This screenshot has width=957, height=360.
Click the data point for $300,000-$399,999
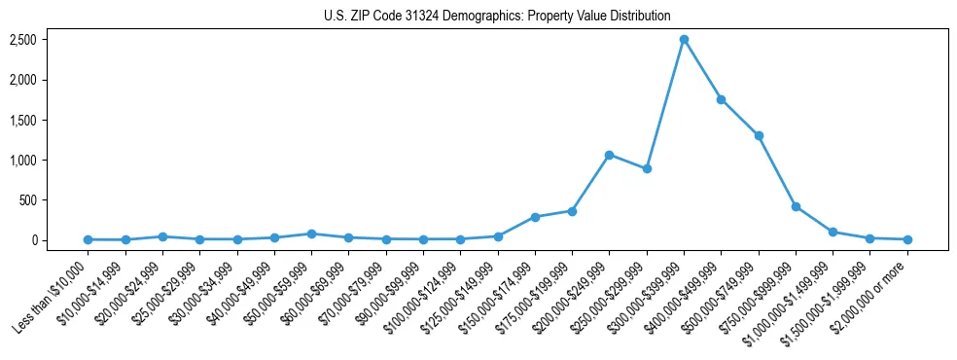[684, 40]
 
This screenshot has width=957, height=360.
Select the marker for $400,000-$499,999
[721, 99]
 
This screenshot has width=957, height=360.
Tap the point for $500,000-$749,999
[759, 135]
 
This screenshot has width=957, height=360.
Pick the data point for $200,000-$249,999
[609, 155]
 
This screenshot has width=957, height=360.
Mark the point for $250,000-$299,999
[647, 168]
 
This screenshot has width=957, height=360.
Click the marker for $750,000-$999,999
[796, 206]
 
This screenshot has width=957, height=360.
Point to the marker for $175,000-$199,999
[572, 211]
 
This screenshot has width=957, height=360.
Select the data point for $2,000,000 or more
[907, 239]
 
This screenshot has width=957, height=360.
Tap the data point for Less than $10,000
[88, 239]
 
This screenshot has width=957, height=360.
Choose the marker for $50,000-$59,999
[311, 234]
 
